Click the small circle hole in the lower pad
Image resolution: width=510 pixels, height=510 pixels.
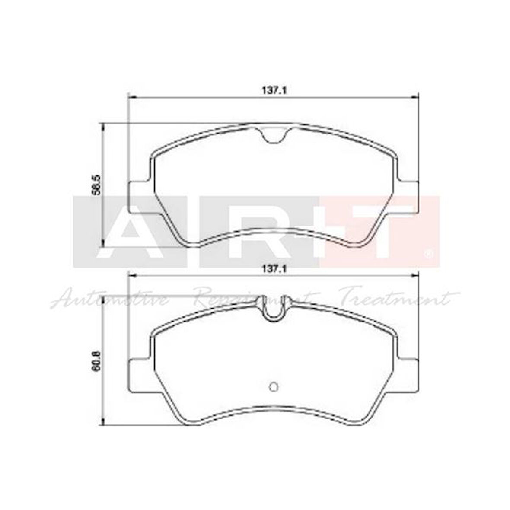[273, 386]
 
